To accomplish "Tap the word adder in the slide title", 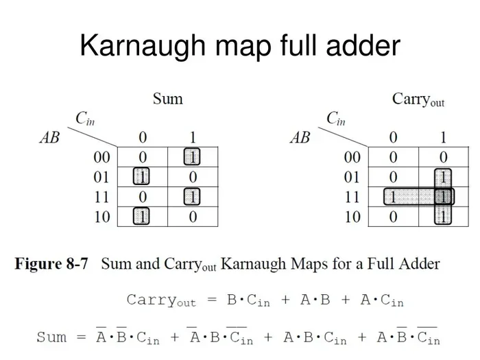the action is point(363,45).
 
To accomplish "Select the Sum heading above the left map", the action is point(168,99).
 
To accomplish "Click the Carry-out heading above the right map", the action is point(418,100).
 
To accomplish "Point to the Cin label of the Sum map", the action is point(85,118).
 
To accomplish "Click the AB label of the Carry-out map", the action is point(300,137).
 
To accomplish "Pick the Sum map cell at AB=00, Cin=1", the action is point(193,157).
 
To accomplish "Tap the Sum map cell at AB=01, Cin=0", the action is point(143,177).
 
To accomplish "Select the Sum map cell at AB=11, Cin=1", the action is point(193,197).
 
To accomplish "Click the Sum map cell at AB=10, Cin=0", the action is point(143,217).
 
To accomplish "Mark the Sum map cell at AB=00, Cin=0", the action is point(143,157).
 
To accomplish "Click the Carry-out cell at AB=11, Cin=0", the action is point(394,197).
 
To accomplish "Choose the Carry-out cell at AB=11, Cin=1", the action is point(444,197).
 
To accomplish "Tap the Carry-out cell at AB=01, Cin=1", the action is point(444,177).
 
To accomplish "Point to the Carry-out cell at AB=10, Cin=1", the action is point(444,217).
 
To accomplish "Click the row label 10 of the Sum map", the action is point(102,217).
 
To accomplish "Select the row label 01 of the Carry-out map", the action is point(352,177).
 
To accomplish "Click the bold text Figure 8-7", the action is point(51,264).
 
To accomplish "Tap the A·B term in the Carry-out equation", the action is point(315,300).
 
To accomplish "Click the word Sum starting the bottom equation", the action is point(51,337).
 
